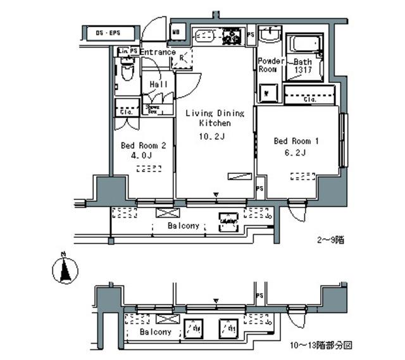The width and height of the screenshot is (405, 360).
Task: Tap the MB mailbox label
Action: coord(178,30)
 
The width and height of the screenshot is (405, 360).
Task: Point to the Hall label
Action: coord(158,84)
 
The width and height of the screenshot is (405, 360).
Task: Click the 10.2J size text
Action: coord(213,135)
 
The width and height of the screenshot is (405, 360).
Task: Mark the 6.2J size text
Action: coord(296,152)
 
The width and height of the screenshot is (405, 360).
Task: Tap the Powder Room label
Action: coord(270,65)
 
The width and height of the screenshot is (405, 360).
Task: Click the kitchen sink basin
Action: coord(204,36)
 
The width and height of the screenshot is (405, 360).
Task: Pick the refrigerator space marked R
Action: coord(182,58)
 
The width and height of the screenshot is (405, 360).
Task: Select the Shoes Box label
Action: coord(153,109)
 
